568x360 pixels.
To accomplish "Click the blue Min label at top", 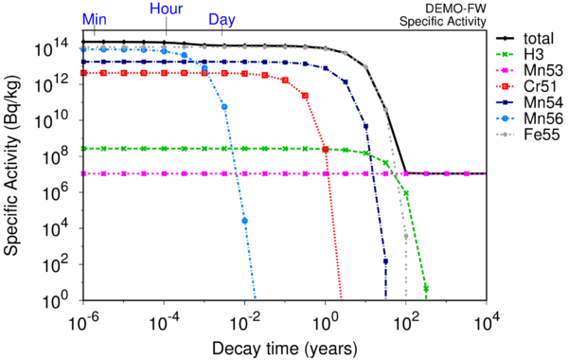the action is coord(95,19).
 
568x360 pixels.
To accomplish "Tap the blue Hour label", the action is coord(167,9).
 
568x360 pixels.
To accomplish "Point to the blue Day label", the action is coord(222,20).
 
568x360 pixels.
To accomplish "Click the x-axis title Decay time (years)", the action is coord(285,349).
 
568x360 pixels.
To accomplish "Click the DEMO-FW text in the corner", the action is coord(455,8).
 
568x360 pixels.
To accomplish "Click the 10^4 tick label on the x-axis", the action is coord(485,321).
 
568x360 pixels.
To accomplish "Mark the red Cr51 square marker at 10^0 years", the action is coord(326,150).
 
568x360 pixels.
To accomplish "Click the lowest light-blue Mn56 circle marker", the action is coord(245,221).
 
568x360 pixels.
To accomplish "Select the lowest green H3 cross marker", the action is coord(426,289).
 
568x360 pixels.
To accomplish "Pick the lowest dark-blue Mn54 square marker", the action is coord(385,261).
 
